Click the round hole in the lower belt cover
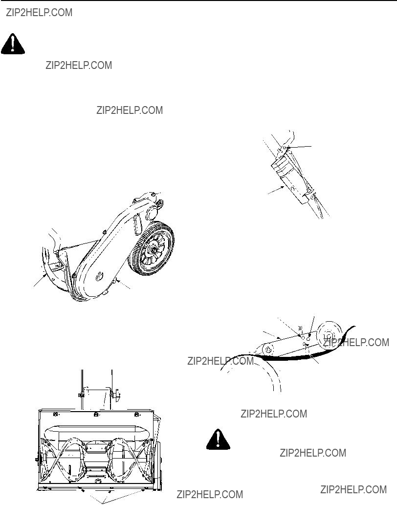pos(99,276)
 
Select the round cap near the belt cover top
pos(152,213)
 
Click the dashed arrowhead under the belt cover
pos(118,281)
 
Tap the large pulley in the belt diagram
pos(329,336)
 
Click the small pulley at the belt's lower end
pos(268,350)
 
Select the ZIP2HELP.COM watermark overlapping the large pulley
pos(356,342)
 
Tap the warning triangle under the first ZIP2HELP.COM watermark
pos(13,44)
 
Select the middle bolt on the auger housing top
pos(96,414)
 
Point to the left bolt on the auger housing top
pos(55,414)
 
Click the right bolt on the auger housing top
pos(136,414)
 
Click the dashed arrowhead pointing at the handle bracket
pos(282,187)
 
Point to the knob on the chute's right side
pos(117,393)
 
